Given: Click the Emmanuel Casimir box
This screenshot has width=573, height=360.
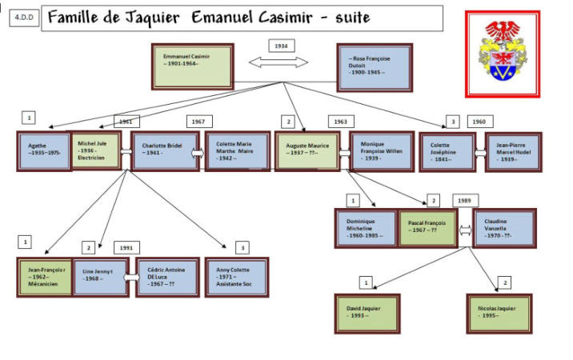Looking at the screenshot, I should point(193,66).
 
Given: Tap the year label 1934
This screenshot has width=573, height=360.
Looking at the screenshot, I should point(281,46).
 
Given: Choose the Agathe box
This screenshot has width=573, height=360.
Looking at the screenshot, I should point(43,152).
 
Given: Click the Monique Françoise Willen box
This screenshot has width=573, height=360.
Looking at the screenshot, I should point(380,152).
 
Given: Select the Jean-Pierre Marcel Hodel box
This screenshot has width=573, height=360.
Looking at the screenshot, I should point(513,152).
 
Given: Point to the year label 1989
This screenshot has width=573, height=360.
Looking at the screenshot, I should point(464,200).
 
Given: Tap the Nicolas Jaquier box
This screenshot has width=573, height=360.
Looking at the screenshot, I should point(498,312).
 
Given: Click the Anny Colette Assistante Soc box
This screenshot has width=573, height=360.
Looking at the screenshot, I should point(236,276).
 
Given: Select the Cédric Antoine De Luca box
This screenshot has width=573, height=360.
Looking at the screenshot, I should point(167,277).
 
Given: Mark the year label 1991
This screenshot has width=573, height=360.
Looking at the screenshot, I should point(126,247).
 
